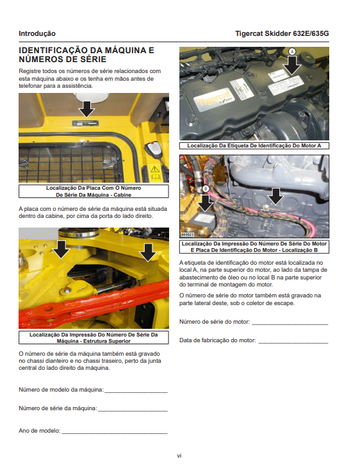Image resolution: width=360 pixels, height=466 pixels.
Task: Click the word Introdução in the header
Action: pos(37,33)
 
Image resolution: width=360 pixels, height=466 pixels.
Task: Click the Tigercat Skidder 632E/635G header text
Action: pos(282,33)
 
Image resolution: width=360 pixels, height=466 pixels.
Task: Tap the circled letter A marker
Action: pos(292,51)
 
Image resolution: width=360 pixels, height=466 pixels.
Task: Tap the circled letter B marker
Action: pos(205,188)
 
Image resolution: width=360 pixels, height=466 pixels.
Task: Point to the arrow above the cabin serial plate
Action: pos(86,109)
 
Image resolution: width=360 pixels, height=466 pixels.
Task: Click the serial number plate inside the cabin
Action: pos(85,123)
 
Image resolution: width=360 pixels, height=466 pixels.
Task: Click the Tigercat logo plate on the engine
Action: pos(213,99)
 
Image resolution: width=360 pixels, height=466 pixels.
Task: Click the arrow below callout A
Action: pos(292,65)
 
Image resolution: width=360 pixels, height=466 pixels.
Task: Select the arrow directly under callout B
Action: pos(205,203)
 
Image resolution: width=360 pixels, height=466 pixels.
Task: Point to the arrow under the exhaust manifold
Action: pos(276,196)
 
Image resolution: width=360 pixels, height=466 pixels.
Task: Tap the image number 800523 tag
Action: pos(188,235)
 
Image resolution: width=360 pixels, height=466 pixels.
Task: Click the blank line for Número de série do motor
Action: pos(290,324)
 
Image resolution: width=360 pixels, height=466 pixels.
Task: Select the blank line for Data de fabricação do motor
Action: pos(293,344)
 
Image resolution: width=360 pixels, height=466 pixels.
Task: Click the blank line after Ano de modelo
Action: pos(115,433)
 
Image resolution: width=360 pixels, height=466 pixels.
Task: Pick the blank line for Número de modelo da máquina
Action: pos(136,392)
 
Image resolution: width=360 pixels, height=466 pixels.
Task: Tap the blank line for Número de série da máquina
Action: pos(133,412)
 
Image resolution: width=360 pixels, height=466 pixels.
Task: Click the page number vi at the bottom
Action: pos(179,456)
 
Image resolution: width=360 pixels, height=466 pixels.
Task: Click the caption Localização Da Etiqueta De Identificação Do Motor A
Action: pos(254,146)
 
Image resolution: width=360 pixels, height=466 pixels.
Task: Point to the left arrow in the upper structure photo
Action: pos(61,249)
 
